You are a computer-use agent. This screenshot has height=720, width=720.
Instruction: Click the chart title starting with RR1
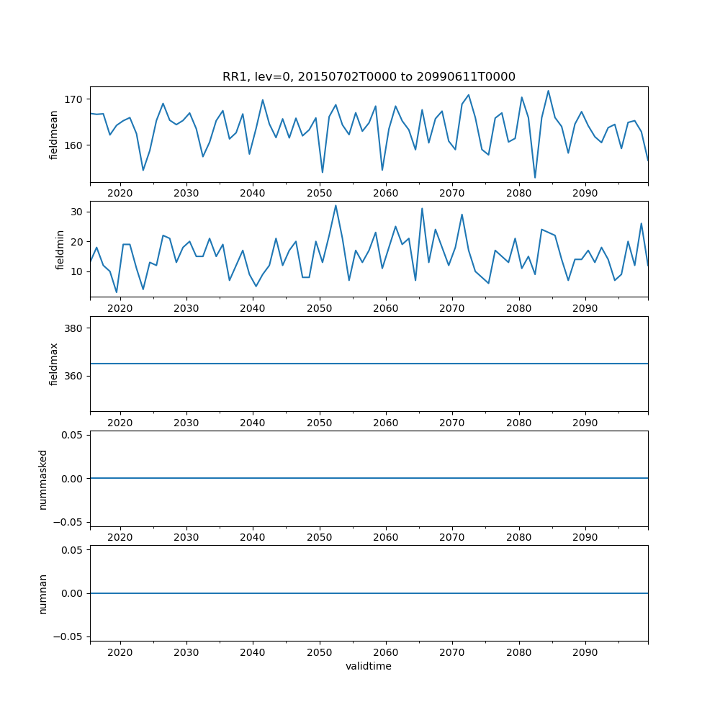coord(369,77)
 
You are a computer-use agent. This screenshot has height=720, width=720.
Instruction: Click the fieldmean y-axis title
coord(54,135)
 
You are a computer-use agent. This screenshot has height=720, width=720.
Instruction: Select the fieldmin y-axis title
coord(60,249)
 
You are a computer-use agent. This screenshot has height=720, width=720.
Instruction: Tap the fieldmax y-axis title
coord(54,364)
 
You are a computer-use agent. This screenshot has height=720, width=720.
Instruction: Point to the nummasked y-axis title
coord(43,479)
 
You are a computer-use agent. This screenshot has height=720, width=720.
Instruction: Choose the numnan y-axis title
coord(43,594)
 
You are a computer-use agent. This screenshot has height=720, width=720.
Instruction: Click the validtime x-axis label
coord(369,666)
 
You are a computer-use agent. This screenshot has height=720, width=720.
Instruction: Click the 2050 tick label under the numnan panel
coord(319,652)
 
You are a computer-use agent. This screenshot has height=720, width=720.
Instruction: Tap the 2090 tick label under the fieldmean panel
coord(585,193)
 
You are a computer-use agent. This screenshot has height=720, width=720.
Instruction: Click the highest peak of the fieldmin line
coord(336,205)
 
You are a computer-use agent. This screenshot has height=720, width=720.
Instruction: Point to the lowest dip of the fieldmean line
coord(535,178)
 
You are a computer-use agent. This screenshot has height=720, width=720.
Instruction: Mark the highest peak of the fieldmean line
coord(548,91)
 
